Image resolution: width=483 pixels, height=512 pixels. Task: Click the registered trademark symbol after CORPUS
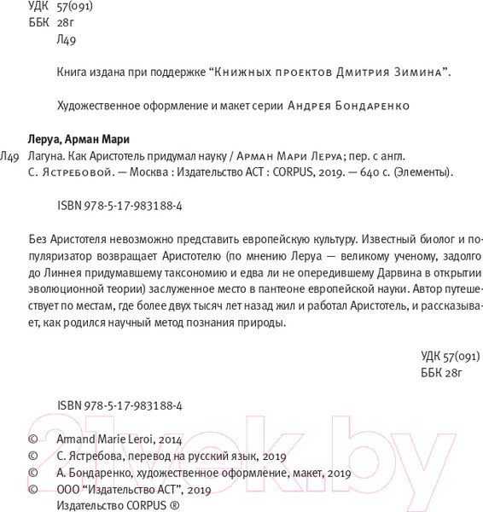(174, 504)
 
